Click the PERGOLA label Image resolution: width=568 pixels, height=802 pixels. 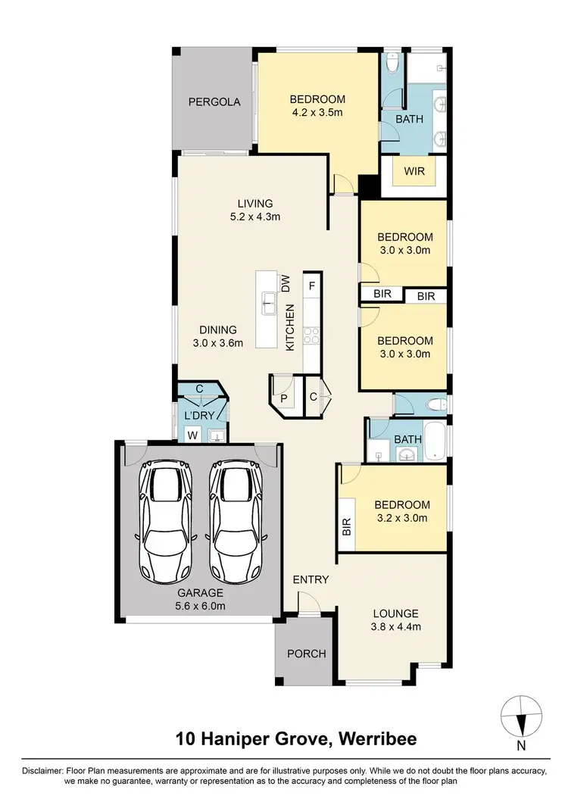[214, 101]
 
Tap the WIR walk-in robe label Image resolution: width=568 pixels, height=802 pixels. [414, 171]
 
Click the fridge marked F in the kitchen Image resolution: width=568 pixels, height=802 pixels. [311, 286]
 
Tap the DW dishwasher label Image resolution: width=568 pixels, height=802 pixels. [286, 284]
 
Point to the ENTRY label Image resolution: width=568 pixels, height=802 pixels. [311, 580]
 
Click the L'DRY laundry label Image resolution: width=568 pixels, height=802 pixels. [200, 415]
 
